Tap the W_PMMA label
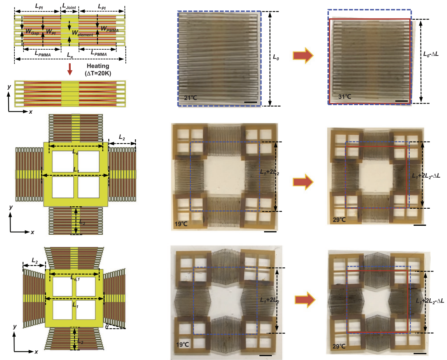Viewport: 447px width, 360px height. (110, 28)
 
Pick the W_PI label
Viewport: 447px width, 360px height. (50, 31)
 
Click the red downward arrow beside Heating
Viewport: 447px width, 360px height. (70, 69)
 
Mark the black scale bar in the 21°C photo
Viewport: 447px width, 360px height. (251, 102)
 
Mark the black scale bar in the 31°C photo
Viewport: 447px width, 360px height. (403, 101)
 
